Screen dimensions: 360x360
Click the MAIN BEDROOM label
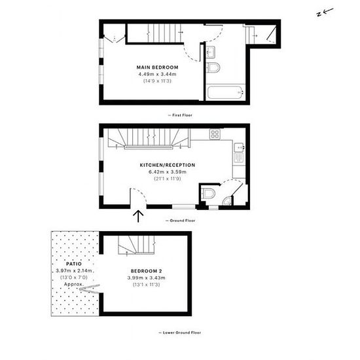(x=157, y=67)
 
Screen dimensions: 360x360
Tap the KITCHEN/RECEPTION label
(x=168, y=165)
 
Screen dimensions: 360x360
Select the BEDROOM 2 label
(x=146, y=271)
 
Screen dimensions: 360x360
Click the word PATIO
(x=74, y=264)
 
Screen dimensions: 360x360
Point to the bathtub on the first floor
(x=225, y=92)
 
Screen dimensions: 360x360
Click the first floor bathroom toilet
(x=213, y=67)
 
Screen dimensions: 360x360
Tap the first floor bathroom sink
(x=211, y=52)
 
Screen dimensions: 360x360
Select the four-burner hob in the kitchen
(x=215, y=134)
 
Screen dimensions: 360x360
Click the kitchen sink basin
(x=239, y=147)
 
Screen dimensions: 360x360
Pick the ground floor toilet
(x=208, y=193)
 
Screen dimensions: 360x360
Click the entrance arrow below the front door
(x=139, y=217)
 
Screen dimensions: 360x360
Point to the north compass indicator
(x=325, y=12)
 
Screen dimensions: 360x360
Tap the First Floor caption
(x=180, y=115)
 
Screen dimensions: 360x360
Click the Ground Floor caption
(x=181, y=221)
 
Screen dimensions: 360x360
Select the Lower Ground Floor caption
(x=180, y=333)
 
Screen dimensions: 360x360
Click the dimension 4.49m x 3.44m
(x=157, y=74)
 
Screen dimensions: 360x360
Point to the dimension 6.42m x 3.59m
(x=168, y=171)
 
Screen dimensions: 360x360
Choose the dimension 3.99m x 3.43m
(x=146, y=278)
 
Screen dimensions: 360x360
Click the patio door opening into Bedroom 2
(x=90, y=289)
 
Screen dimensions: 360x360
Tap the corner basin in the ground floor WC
(x=228, y=201)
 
